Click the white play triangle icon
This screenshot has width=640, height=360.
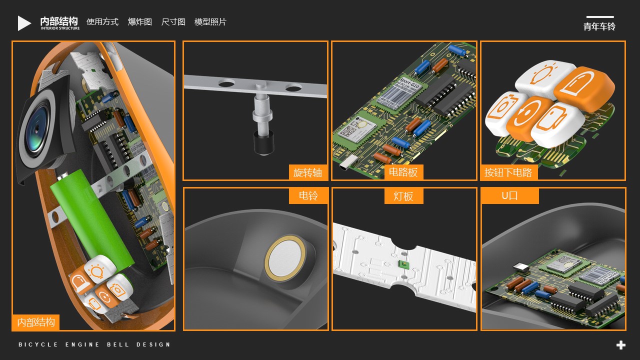pyautogui.click(x=24, y=23)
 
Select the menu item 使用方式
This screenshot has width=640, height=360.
pyautogui.click(x=102, y=22)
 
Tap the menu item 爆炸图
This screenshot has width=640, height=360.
pyautogui.click(x=140, y=22)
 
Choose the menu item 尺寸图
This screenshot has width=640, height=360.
pyautogui.click(x=173, y=22)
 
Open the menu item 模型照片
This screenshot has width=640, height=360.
pyautogui.click(x=210, y=22)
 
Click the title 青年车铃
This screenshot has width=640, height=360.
pyautogui.click(x=599, y=26)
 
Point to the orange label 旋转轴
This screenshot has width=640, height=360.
pyautogui.click(x=308, y=173)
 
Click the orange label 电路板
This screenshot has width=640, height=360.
pyautogui.click(x=403, y=172)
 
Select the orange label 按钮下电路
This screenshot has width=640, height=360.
pyautogui.click(x=508, y=173)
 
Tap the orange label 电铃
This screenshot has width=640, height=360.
pyautogui.click(x=308, y=195)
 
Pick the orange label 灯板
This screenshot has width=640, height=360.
pyautogui.click(x=403, y=196)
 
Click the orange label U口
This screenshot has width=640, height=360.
pyautogui.click(x=509, y=196)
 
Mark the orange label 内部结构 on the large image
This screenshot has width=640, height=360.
pyautogui.click(x=36, y=322)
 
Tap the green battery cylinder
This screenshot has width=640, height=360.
pyautogui.click(x=93, y=218)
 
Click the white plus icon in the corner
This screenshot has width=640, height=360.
pyautogui.click(x=621, y=345)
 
